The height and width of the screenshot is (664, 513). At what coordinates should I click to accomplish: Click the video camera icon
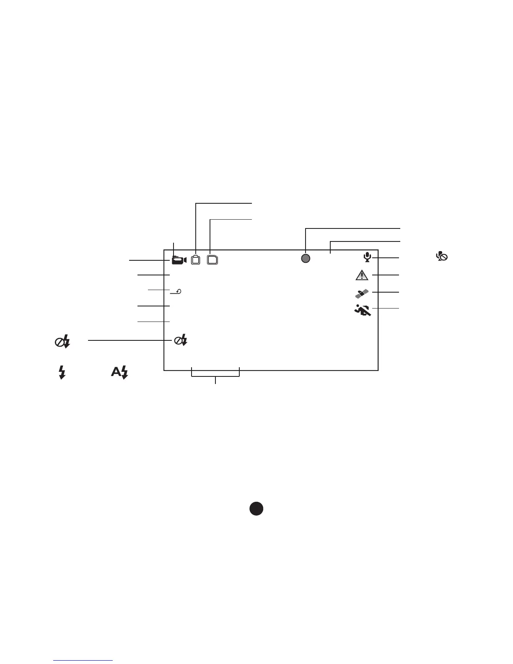pos(179,260)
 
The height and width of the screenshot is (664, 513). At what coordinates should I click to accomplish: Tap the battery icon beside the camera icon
pos(195,260)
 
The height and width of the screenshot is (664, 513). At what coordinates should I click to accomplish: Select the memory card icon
pos(213,260)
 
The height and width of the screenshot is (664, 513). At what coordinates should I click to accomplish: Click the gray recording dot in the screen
pos(306,258)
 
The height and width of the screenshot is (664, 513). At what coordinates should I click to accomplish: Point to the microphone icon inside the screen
pos(367,257)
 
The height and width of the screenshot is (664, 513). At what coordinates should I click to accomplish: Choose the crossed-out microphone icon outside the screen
pos(442,257)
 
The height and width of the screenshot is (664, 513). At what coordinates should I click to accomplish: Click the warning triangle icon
pos(362,275)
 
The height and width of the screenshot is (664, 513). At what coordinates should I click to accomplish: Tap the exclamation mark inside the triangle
pos(362,276)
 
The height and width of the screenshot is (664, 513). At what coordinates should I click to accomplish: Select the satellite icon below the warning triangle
pos(362,293)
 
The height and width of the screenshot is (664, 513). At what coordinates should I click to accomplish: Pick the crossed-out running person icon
pos(362,310)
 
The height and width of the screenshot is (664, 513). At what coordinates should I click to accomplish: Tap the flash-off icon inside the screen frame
pos(181,341)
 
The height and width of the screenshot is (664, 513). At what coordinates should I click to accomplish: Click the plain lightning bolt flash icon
pos(62,372)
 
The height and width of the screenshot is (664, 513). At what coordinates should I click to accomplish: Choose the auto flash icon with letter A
pos(119,372)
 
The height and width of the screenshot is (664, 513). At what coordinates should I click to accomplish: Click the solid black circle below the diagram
pos(256,508)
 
